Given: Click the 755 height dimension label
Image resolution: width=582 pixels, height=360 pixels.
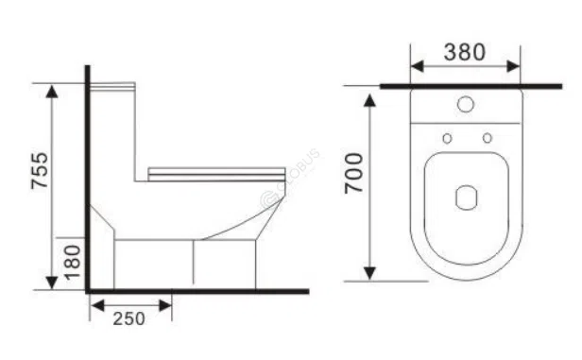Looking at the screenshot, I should [x=39, y=173].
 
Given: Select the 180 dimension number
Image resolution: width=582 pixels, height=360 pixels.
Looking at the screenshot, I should [x=74, y=258].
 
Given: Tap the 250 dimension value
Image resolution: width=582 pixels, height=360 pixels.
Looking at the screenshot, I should [x=129, y=318].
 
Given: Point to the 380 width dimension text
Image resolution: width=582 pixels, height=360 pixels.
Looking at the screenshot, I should [x=466, y=52].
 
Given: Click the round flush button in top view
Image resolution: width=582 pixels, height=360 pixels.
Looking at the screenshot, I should [x=466, y=104].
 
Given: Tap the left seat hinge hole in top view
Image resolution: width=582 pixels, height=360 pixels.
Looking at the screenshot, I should [x=448, y=139].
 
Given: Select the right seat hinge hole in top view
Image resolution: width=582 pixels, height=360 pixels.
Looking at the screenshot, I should [x=487, y=139].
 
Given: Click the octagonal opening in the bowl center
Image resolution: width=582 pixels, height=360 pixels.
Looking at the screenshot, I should [x=467, y=198].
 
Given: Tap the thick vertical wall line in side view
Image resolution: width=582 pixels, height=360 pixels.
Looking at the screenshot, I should [x=87, y=180].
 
